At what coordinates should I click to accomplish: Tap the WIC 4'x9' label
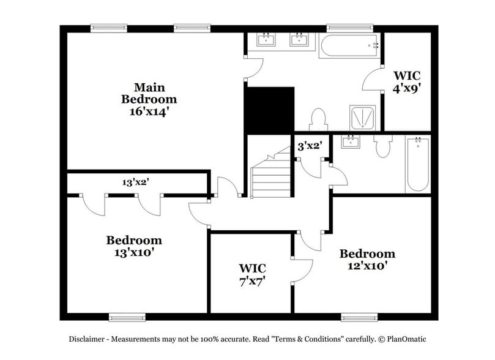pos(406,82)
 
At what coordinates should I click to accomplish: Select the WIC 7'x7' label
pos(251,274)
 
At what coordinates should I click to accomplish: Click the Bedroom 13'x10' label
pos(133,246)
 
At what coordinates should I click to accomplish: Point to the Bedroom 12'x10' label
pos(367,260)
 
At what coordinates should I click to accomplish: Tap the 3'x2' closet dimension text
pos(309,146)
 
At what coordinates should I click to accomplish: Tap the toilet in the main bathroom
pos(318,119)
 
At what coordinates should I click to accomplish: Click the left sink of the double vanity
pos(266,41)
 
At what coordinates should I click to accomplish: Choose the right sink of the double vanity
pos(299,41)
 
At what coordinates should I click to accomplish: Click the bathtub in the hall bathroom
pos(417,164)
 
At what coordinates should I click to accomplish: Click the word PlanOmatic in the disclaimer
pos(412,339)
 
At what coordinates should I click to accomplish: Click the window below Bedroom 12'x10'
pos(359,317)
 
